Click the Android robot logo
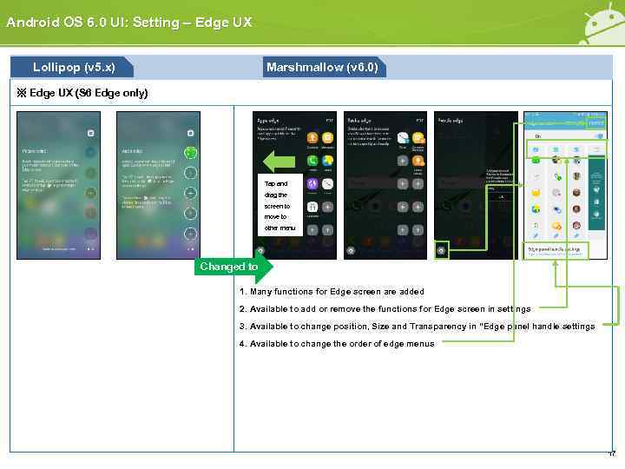tap(603, 22)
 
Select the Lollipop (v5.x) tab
tap(72, 67)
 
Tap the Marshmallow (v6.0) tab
tap(322, 67)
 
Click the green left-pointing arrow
tap(280, 162)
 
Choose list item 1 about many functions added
tap(332, 291)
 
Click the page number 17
tap(611, 454)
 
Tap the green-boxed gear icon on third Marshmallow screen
tap(442, 250)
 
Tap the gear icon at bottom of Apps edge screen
tap(260, 250)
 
